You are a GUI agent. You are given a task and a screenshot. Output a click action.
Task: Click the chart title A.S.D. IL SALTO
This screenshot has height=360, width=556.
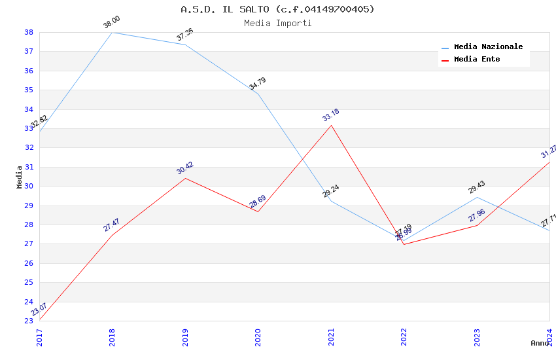(277, 9)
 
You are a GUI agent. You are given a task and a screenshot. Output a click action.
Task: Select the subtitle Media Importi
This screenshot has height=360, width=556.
(277, 23)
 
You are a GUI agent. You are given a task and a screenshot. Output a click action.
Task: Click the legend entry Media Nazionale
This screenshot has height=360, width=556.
(488, 47)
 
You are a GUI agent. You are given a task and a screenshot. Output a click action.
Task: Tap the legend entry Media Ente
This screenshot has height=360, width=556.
(477, 60)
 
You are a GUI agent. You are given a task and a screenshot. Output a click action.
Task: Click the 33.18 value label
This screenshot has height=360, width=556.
(330, 115)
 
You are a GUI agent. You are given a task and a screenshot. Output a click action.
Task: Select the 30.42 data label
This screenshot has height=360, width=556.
(184, 168)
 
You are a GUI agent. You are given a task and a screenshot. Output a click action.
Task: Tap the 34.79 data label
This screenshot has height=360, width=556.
(257, 84)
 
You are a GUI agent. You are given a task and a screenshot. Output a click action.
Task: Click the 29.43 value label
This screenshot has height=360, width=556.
(476, 187)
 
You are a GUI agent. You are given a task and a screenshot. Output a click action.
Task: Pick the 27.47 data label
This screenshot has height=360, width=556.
(112, 225)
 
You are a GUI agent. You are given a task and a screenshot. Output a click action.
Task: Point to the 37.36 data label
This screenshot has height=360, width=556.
(184, 35)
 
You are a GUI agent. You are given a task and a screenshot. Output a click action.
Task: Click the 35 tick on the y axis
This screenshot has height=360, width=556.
(29, 90)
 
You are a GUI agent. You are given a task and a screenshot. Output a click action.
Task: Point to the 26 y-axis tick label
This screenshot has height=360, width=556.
(29, 263)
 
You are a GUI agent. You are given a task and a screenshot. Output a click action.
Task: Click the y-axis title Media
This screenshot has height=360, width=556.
(20, 177)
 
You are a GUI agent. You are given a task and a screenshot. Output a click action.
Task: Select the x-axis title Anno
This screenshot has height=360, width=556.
(540, 343)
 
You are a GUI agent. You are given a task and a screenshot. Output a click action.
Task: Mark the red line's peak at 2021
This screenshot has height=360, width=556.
(331, 125)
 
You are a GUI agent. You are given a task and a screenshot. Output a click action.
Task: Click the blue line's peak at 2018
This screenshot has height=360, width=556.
(113, 32)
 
